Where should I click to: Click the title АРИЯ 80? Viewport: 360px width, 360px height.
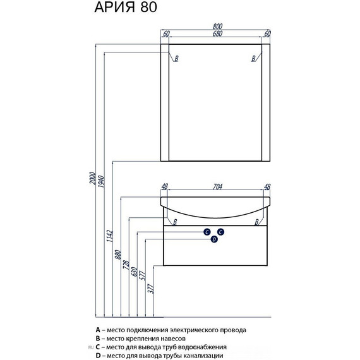(x=126, y=7)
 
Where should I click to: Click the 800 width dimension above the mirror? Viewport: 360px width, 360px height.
(x=217, y=26)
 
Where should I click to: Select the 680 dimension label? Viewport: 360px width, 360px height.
(x=217, y=33)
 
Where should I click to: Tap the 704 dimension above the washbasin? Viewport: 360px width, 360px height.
(x=217, y=187)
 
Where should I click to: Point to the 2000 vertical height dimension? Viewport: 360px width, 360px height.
(x=92, y=178)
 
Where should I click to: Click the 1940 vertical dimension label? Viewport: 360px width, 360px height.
(x=101, y=181)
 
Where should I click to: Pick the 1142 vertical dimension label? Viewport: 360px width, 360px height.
(x=109, y=236)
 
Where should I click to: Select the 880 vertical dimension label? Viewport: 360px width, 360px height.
(x=117, y=255)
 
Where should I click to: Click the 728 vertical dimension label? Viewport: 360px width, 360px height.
(x=126, y=265)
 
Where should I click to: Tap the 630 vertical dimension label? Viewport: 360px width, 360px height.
(x=135, y=272)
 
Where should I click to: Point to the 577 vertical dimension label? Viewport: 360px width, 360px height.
(x=142, y=276)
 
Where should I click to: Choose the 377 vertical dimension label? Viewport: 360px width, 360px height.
(x=151, y=289)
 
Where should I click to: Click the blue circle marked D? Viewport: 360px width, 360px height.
(x=214, y=239)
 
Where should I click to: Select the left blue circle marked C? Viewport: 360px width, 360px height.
(x=207, y=232)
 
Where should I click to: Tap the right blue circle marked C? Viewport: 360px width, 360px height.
(x=220, y=232)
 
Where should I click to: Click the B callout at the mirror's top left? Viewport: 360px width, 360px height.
(x=176, y=59)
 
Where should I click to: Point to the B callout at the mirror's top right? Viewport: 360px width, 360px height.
(x=253, y=59)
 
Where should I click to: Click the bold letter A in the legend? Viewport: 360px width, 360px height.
(x=98, y=330)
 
